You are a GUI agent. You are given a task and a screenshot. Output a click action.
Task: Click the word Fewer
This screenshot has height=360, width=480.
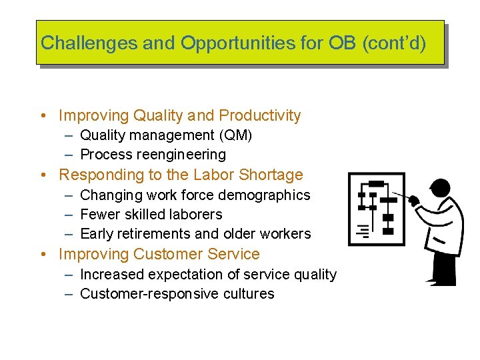pyautogui.click(x=98, y=215)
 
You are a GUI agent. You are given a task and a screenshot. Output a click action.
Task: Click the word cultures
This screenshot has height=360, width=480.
pyautogui.click(x=249, y=294)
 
